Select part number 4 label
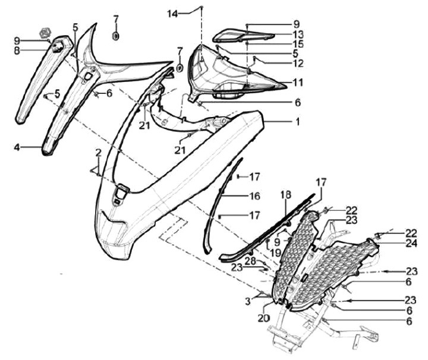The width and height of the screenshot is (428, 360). (x=17, y=146)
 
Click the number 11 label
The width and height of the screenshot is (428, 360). (x=297, y=82)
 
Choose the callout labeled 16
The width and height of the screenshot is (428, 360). (x=254, y=195)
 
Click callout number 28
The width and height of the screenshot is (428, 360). (x=250, y=261)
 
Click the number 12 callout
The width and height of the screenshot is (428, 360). (x=297, y=62)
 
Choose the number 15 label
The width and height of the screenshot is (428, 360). (x=297, y=44)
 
